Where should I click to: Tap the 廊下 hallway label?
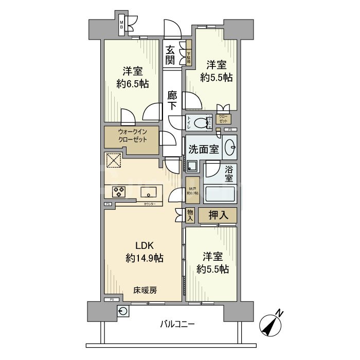point(173,101)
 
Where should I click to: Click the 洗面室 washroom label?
point(204,150)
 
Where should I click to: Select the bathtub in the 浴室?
point(220,195)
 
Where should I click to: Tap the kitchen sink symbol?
point(150,193)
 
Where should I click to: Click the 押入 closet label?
point(218,215)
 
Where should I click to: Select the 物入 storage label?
point(189,215)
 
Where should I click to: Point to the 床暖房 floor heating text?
point(146,290)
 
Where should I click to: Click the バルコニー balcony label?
point(177,325)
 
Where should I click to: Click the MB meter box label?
point(122,26)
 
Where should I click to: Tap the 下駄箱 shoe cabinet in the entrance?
point(189,55)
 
